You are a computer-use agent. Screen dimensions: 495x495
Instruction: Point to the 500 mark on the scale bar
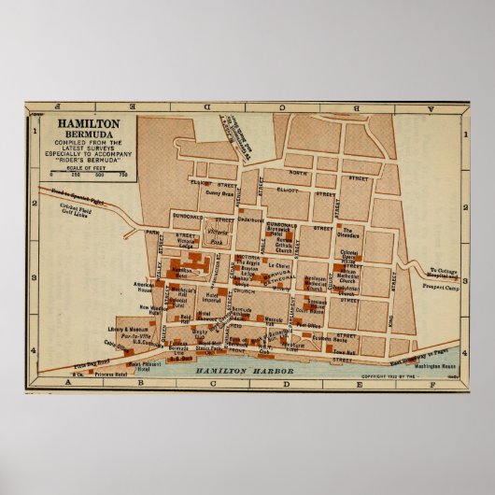98,174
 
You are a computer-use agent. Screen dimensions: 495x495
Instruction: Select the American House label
145,286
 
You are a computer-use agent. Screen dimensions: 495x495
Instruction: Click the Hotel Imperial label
210,299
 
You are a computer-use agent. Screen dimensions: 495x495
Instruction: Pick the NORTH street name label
297,173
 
